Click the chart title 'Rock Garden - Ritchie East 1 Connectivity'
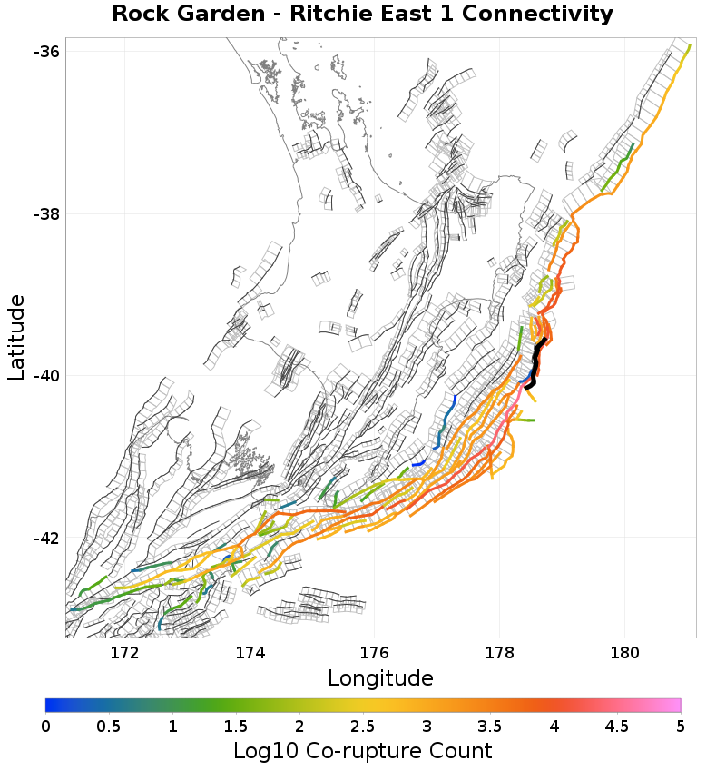pyautogui.click(x=362, y=15)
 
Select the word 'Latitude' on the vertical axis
pyautogui.click(x=16, y=337)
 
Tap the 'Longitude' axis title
pyautogui.click(x=380, y=677)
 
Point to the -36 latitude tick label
pyautogui.click(x=46, y=52)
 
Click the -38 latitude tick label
pyautogui.click(x=46, y=214)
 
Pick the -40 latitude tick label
pyautogui.click(x=46, y=376)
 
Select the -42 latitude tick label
pyautogui.click(x=46, y=539)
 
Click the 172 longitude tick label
pyautogui.click(x=124, y=653)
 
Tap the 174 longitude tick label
pyautogui.click(x=250, y=653)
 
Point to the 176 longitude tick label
pyautogui.click(x=375, y=653)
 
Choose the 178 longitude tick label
pyautogui.click(x=500, y=653)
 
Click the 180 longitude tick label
pyautogui.click(x=625, y=653)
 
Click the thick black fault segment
pyautogui.click(x=536, y=363)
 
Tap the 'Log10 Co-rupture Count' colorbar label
pyautogui.click(x=362, y=751)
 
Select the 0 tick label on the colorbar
pyautogui.click(x=46, y=726)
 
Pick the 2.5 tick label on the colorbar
pyautogui.click(x=363, y=726)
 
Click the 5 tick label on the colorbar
pyautogui.click(x=680, y=726)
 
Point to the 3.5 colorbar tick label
pyautogui.click(x=490, y=726)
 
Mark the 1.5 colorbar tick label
pyautogui.click(x=236, y=726)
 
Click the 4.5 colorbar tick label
pyautogui.click(x=617, y=726)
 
